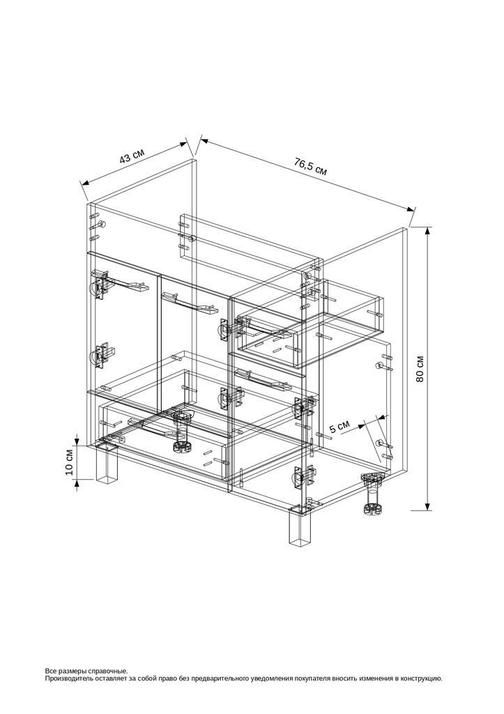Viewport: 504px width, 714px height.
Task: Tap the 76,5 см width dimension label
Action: (x=311, y=167)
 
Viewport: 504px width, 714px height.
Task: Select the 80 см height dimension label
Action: (x=420, y=368)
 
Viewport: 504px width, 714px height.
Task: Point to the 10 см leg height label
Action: (x=69, y=463)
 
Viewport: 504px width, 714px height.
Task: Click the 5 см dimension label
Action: (x=339, y=427)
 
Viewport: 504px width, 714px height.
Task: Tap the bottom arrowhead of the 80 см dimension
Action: (x=427, y=506)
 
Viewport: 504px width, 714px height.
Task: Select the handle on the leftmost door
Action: (x=122, y=284)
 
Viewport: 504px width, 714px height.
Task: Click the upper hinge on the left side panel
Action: (x=99, y=285)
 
